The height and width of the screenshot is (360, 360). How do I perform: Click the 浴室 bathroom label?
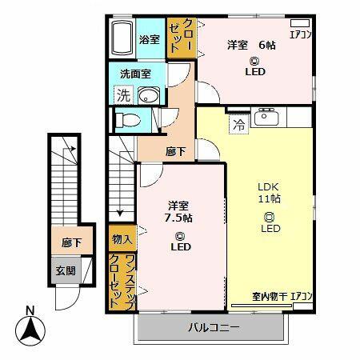pyautogui.click(x=149, y=38)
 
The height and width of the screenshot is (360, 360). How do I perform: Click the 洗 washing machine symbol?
pyautogui.click(x=123, y=95)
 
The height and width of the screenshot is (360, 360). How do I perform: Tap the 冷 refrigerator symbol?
pyautogui.click(x=239, y=123)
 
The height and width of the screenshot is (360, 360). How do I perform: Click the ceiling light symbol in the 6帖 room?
pyautogui.click(x=254, y=61)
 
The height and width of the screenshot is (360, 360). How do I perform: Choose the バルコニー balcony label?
pyautogui.click(x=210, y=327)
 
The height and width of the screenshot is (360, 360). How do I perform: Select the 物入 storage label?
pyautogui.click(x=122, y=238)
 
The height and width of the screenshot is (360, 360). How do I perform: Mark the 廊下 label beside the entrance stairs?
pyautogui.click(x=66, y=243)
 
